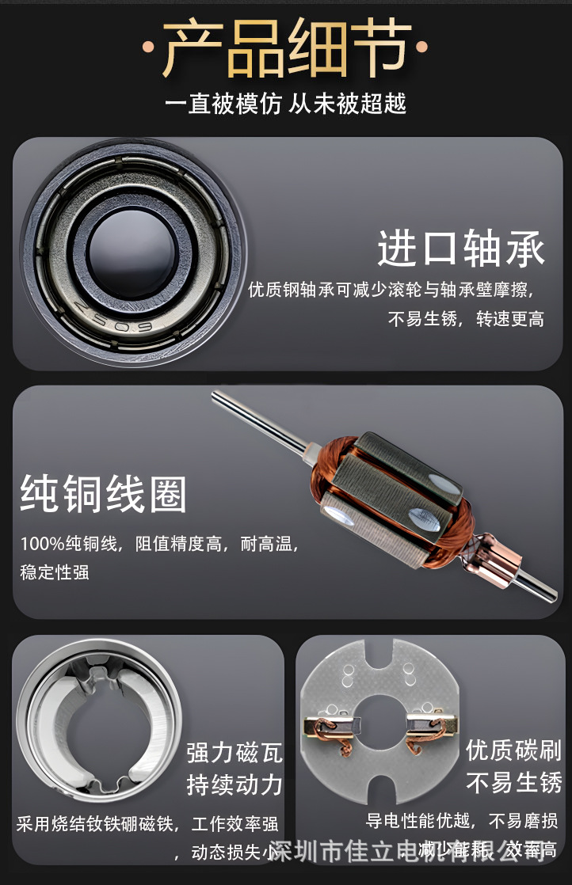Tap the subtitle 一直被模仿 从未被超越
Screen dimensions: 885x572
click(x=285, y=104)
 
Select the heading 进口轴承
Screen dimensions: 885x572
click(x=461, y=248)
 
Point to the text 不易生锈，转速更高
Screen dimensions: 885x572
click(x=466, y=320)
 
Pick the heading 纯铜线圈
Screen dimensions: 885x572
click(x=103, y=494)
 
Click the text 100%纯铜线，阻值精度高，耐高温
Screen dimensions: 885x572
click(x=158, y=544)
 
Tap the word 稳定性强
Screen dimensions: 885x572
click(x=55, y=572)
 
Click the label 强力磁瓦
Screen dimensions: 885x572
click(x=235, y=752)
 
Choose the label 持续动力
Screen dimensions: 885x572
click(x=235, y=784)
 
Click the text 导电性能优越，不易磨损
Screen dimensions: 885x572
click(x=461, y=819)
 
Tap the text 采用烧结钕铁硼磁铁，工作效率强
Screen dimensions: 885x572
click(x=147, y=824)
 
